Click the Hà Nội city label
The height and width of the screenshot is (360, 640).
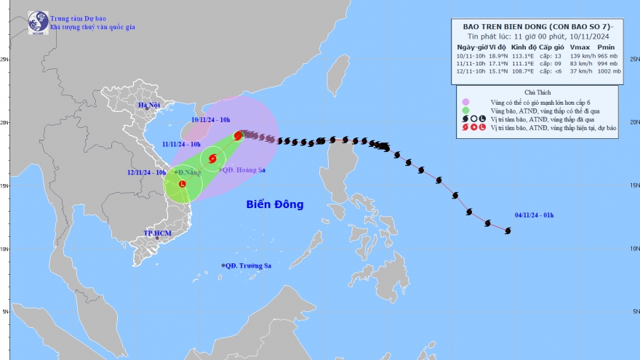point(148,106)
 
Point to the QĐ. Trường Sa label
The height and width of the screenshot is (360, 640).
point(248,266)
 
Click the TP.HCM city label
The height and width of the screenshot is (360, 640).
point(157,233)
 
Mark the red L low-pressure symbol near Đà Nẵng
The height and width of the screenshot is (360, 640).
point(182,184)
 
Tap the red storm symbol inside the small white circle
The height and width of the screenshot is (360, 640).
point(213,159)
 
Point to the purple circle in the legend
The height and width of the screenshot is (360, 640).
point(465,102)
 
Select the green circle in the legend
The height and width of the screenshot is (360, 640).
point(465,111)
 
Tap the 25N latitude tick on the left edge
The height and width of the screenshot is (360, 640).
point(4,60)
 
